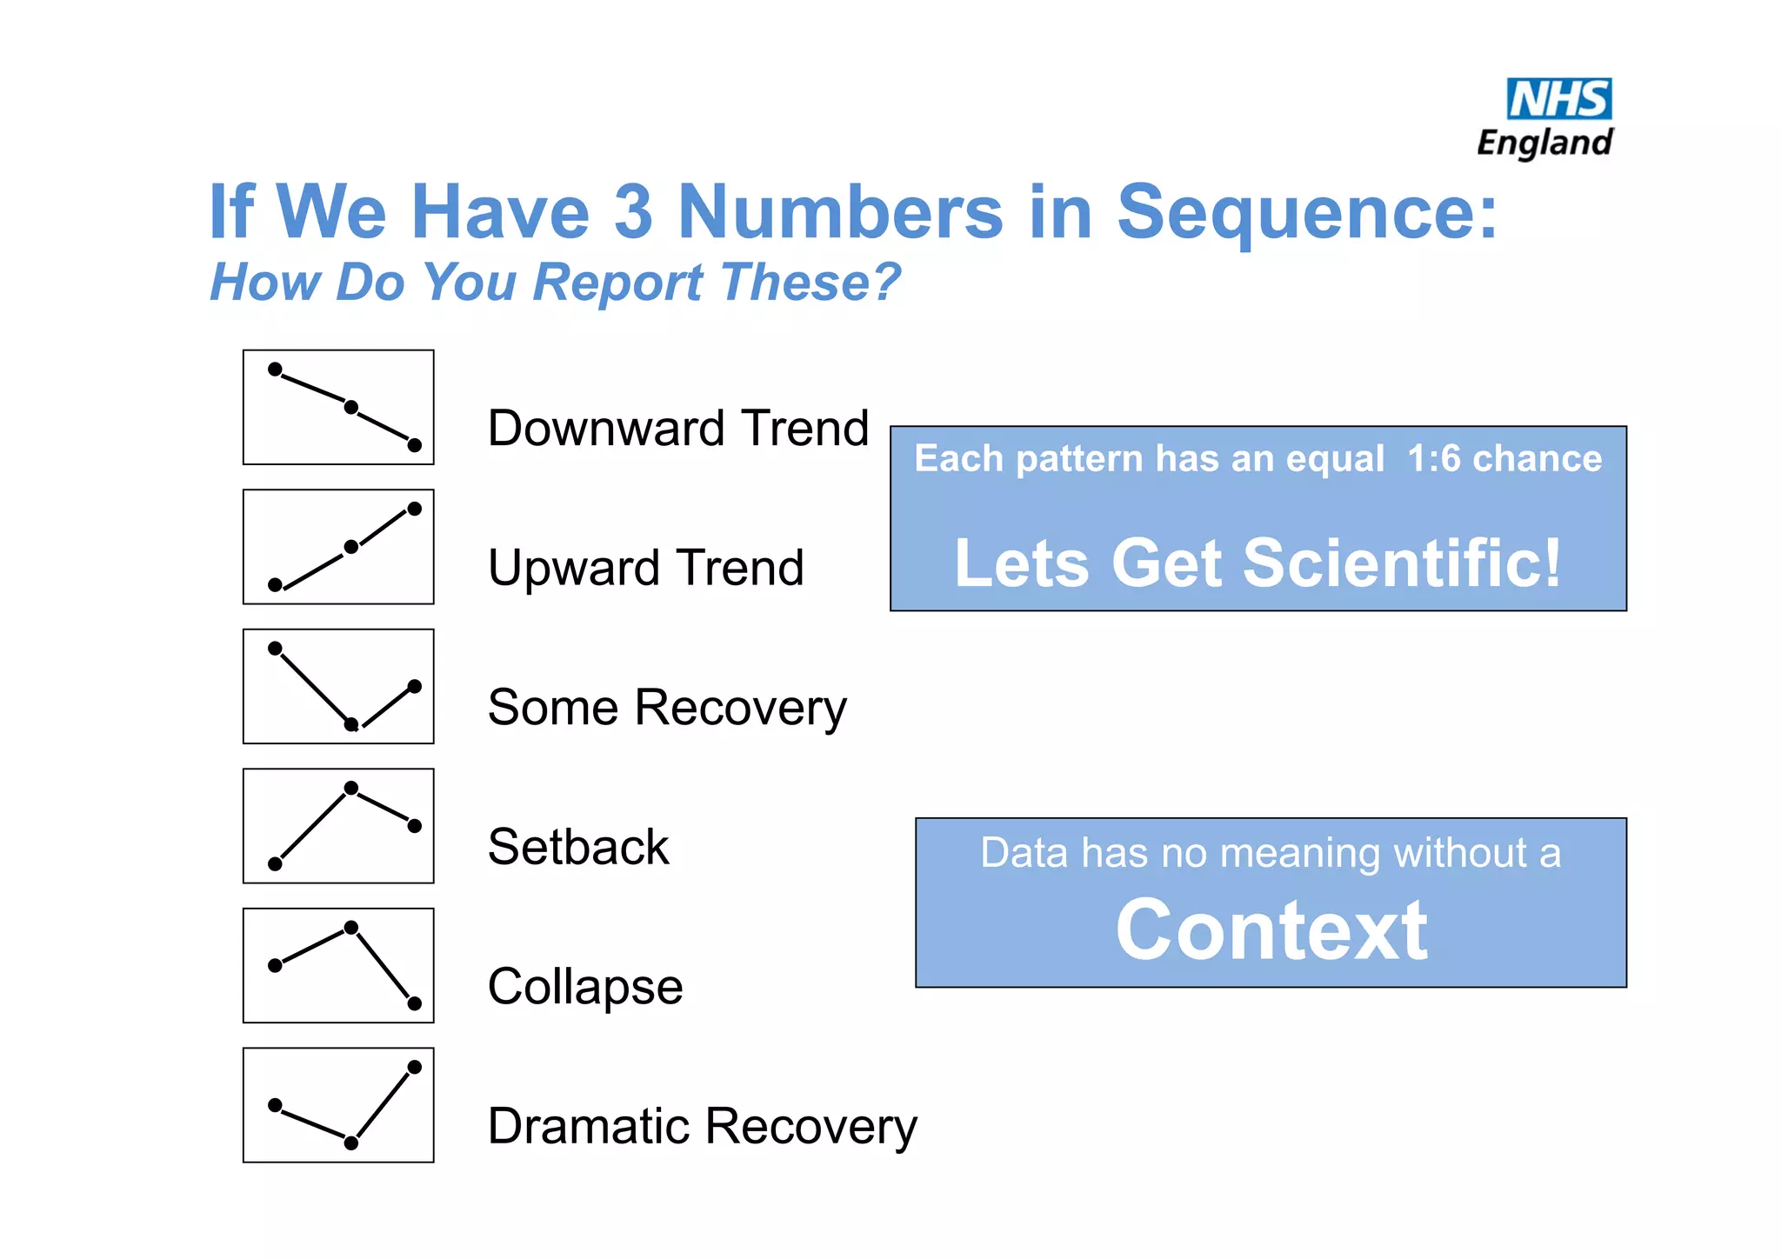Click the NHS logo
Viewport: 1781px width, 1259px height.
click(1558, 99)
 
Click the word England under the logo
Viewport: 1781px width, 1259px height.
click(1544, 143)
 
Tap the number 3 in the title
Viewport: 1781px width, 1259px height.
click(633, 212)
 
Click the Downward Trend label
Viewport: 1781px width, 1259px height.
click(677, 428)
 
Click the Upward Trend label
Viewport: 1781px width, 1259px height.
click(645, 568)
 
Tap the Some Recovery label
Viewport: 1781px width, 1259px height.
click(666, 707)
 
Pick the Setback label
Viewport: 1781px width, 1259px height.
click(578, 847)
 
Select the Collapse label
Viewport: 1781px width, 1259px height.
click(585, 987)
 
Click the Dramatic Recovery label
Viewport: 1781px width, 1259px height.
click(702, 1126)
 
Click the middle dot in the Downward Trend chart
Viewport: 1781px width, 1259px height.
click(351, 407)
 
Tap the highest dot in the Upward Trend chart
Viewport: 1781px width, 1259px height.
click(415, 509)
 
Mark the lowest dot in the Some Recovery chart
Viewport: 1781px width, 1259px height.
click(351, 724)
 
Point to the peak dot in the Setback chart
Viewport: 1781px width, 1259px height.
click(351, 788)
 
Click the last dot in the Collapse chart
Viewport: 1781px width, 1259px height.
click(415, 1003)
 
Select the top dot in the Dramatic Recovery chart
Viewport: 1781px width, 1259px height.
click(415, 1067)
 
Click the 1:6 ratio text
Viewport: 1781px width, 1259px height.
click(1434, 458)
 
